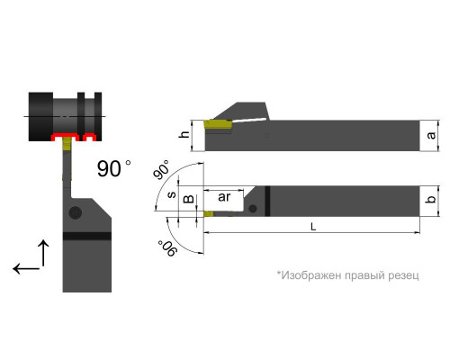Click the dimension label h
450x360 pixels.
(x=185, y=134)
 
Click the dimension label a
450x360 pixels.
(x=431, y=136)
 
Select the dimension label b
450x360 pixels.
(x=431, y=199)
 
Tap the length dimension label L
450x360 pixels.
(x=313, y=227)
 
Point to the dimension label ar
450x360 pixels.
(x=224, y=197)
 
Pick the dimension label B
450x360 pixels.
(x=189, y=199)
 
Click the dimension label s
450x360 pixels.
(x=172, y=194)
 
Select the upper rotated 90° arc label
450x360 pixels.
(x=161, y=170)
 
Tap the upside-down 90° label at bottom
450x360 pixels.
(x=166, y=248)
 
